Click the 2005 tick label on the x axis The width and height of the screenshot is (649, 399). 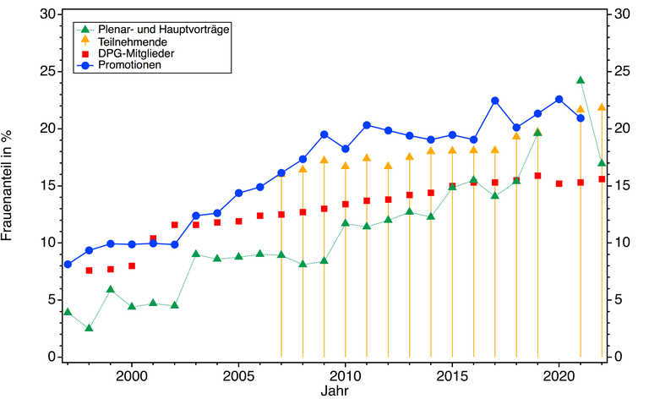pyautogui.click(x=239, y=374)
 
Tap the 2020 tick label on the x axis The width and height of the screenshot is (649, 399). pyautogui.click(x=559, y=374)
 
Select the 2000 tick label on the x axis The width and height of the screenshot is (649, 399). pyautogui.click(x=132, y=374)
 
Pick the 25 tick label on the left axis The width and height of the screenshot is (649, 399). pyautogui.click(x=49, y=71)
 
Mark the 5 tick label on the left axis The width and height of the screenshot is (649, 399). pyautogui.click(x=52, y=299)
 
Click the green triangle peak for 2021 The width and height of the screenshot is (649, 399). pyautogui.click(x=581, y=80)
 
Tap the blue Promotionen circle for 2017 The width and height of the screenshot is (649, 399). pyautogui.click(x=495, y=101)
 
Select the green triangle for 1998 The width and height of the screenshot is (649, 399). pyautogui.click(x=89, y=327)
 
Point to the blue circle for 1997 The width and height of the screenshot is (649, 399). pyautogui.click(x=68, y=264)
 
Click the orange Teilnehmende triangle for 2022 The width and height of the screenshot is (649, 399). pyautogui.click(x=602, y=107)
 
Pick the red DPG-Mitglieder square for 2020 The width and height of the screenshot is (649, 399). pyautogui.click(x=559, y=183)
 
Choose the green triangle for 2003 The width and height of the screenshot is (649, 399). pyautogui.click(x=196, y=254)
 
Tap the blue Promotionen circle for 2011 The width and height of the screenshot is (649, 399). pyautogui.click(x=367, y=125)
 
